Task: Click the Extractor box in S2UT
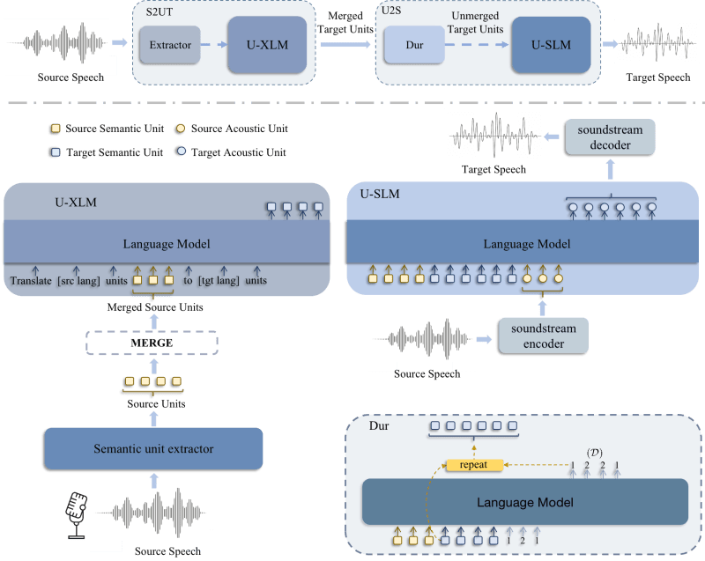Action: pyautogui.click(x=170, y=45)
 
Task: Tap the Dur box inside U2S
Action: pyautogui.click(x=415, y=45)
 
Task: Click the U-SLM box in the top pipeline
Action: pyautogui.click(x=550, y=44)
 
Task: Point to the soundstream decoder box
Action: pyautogui.click(x=610, y=137)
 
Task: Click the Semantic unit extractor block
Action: pyautogui.click(x=153, y=449)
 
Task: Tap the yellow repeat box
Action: pyautogui.click(x=474, y=464)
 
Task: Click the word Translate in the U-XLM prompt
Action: pyautogui.click(x=32, y=280)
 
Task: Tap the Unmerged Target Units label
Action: pyautogui.click(x=477, y=22)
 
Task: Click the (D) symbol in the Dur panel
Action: pyautogui.click(x=595, y=453)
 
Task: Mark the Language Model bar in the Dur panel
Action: pyautogui.click(x=523, y=503)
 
